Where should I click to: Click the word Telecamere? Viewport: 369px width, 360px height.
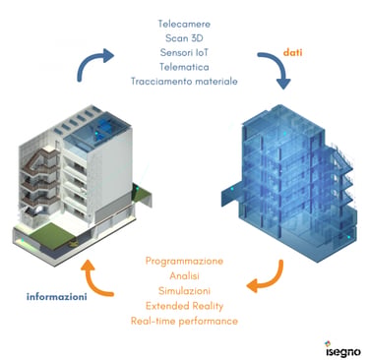click(184, 24)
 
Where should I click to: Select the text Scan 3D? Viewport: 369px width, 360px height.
click(184, 38)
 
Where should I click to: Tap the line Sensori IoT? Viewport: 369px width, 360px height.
click(184, 52)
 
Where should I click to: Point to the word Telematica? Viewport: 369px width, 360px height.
click(184, 67)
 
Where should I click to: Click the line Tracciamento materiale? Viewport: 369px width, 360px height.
click(184, 81)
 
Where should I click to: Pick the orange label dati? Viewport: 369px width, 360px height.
click(292, 52)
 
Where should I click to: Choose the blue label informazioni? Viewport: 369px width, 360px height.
click(57, 297)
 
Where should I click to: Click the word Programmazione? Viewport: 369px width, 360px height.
click(184, 261)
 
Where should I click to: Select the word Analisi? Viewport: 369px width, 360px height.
click(184, 276)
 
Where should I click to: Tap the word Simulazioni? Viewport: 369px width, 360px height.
click(184, 291)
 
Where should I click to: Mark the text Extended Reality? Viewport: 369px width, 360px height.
click(184, 306)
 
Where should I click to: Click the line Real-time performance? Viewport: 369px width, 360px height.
click(184, 321)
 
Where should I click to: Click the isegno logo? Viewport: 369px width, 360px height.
click(342, 349)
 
